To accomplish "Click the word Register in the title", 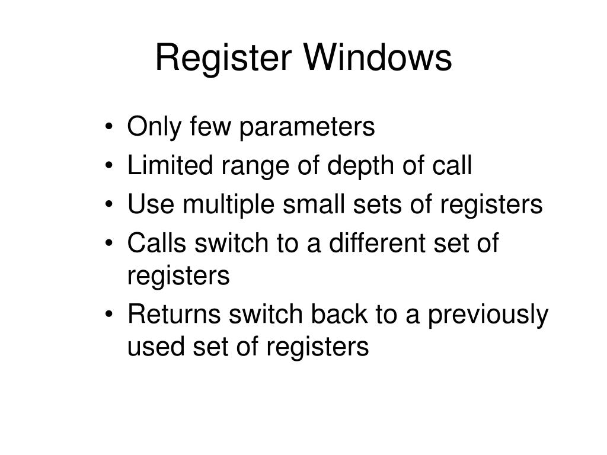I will [225, 59].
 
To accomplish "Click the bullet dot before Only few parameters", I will [112, 128].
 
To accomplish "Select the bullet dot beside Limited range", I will [112, 168].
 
